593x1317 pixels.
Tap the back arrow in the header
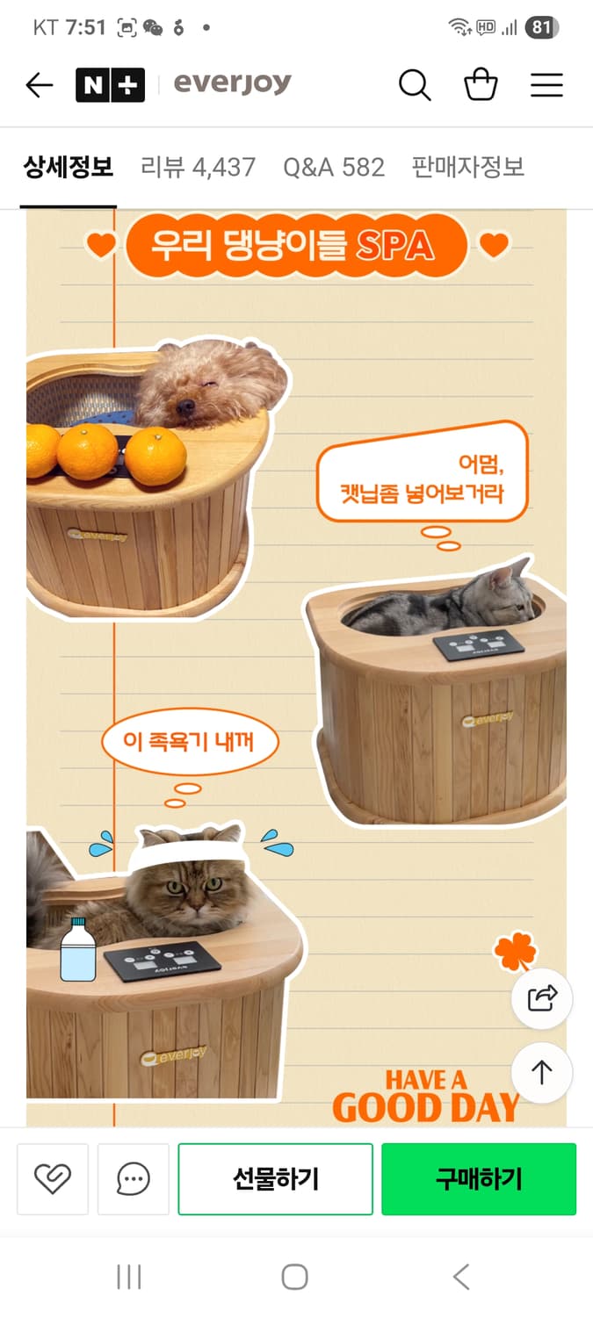40,85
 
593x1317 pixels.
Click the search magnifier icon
415,85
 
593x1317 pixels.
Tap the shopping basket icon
481,85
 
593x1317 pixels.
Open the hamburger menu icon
546,85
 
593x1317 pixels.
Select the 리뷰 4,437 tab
198,167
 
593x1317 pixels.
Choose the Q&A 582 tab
334,167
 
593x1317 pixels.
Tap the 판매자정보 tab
467,167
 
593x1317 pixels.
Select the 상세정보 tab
69,167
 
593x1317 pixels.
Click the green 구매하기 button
479,1179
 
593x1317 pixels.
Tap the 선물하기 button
276,1179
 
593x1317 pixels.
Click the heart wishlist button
53,1179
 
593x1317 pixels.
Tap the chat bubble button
134,1179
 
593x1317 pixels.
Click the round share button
542,998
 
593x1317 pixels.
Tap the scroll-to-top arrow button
542,1072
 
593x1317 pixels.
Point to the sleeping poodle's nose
184,407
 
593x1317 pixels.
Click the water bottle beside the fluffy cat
77,950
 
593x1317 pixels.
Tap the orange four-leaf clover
516,952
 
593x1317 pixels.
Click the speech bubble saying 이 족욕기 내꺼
190,743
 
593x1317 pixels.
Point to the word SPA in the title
394,245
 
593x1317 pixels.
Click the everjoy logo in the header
232,84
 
